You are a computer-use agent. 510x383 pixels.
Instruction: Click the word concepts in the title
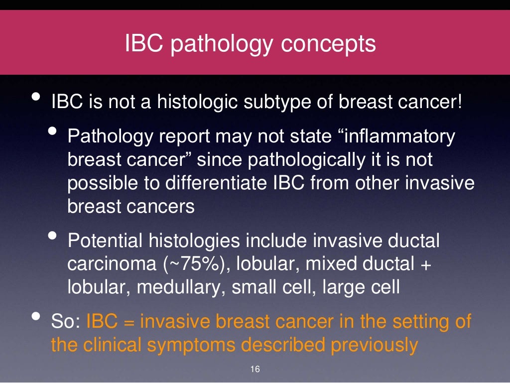tap(328, 44)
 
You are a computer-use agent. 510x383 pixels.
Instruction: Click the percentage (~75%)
tap(194, 264)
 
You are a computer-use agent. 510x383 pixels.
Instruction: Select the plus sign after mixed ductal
tap(425, 265)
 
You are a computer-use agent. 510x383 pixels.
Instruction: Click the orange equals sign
tap(129, 322)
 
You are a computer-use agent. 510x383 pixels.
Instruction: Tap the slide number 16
tap(255, 370)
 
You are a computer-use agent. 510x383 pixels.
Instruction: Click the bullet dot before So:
tap(36, 317)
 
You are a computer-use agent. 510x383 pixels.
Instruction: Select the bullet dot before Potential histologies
tap(53, 236)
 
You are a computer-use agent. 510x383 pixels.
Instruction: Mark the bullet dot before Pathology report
tap(53, 131)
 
